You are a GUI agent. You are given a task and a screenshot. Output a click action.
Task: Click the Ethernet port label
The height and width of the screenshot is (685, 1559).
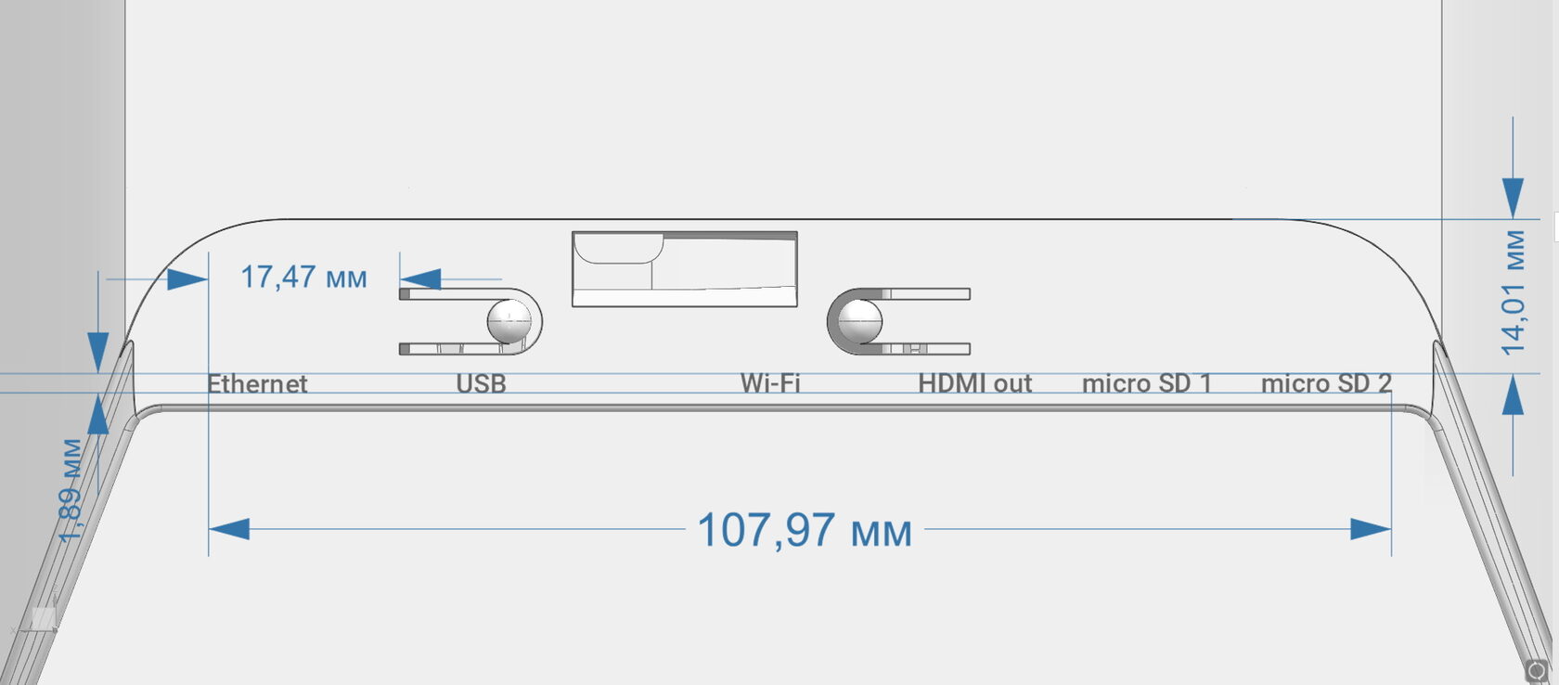point(257,383)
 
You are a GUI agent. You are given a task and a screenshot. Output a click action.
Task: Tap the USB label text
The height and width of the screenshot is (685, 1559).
point(481,383)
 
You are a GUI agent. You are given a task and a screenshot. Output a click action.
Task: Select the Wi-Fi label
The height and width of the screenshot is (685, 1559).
point(770,382)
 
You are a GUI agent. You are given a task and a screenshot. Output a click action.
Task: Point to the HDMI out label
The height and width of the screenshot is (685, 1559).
point(974,383)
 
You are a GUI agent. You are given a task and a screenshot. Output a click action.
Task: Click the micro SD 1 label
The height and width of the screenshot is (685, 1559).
point(1147,383)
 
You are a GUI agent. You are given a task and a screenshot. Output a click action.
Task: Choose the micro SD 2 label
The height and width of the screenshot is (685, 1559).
point(1326,383)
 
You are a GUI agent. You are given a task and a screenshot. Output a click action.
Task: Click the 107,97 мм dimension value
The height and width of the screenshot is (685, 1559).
point(805,531)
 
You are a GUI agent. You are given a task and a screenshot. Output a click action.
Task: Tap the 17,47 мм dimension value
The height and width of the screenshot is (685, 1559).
point(303,277)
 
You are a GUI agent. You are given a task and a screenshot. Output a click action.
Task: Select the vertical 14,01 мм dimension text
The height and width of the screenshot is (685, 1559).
point(1514,292)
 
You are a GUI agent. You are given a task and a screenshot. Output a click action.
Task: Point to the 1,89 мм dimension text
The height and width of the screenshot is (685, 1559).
point(72,492)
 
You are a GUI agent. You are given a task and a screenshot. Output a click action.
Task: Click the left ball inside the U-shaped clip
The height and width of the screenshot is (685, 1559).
point(509,320)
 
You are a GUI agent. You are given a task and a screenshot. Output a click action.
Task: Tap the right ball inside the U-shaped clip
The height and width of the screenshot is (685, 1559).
point(859,320)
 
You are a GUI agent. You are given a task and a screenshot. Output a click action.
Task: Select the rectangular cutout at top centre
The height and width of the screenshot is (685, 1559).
point(685,269)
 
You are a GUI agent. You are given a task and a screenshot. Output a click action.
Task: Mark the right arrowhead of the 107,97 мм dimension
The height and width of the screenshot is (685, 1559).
point(1371,529)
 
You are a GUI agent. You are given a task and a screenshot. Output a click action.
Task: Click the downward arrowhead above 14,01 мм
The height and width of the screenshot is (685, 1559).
point(1514,198)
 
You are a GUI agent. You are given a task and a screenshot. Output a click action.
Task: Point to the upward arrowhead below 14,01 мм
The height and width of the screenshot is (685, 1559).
point(1514,397)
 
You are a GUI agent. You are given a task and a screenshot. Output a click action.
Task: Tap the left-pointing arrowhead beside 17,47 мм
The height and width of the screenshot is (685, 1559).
point(421,278)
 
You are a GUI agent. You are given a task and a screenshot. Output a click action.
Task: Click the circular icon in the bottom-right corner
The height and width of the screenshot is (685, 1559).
point(1537,670)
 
